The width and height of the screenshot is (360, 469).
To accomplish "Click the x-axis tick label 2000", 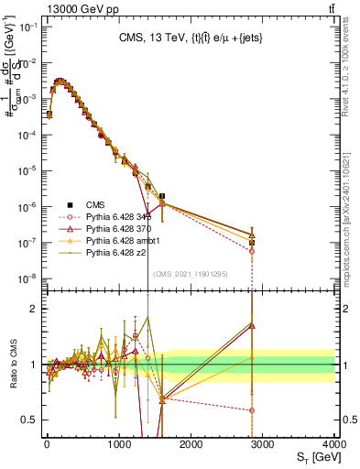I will click(191, 442).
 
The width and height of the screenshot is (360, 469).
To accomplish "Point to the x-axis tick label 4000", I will click(333, 442).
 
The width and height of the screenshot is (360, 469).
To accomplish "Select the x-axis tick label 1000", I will click(119, 442).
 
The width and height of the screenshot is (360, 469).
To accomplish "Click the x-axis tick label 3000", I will click(262, 442).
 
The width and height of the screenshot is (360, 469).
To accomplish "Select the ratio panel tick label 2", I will click(33, 309).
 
